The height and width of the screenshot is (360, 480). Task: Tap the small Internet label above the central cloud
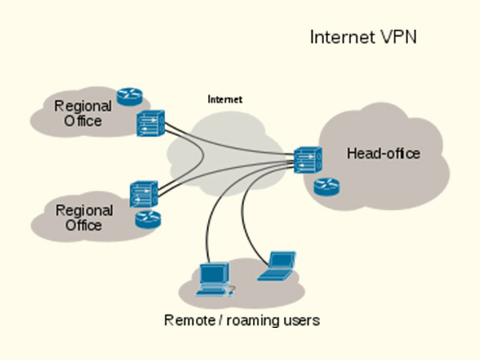225,99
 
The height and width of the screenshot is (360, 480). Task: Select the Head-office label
382,154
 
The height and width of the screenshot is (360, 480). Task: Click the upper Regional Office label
78,113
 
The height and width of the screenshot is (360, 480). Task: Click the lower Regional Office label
78,218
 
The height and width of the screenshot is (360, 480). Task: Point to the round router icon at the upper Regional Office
127,97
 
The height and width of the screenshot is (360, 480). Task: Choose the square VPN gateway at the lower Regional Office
142,194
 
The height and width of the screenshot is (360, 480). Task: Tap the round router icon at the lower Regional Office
146,220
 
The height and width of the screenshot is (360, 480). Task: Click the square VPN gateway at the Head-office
307,160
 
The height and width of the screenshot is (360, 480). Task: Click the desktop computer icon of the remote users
213,277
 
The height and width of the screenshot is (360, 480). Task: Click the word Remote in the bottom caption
190,321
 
